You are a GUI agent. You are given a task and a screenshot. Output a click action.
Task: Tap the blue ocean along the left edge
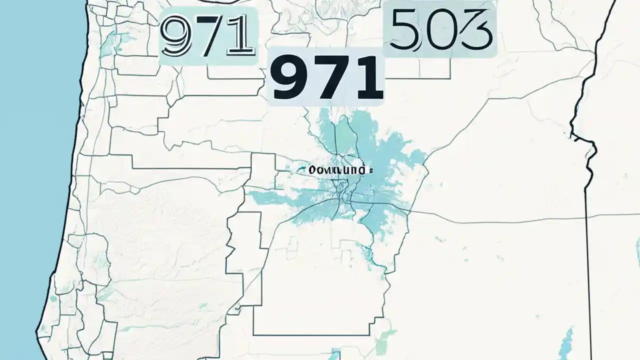point(30,150)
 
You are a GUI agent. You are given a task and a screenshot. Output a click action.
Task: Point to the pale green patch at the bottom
point(385,340)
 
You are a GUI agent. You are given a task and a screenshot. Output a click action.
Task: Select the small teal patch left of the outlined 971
point(107,42)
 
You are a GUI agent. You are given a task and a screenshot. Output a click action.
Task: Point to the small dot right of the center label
point(371,170)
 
